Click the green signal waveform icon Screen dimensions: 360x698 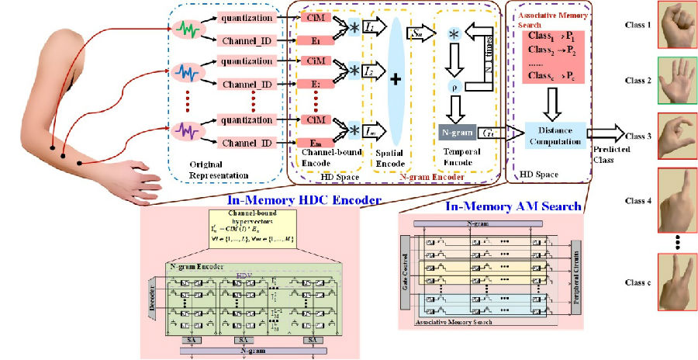pos(188,30)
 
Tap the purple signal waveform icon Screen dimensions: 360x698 pos(188,127)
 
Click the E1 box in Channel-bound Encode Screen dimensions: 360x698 pos(314,40)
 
